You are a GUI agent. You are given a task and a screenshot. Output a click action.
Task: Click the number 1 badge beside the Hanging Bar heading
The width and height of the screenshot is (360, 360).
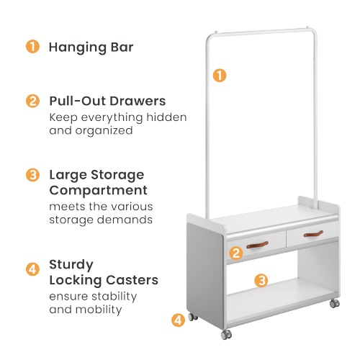[x=32, y=47]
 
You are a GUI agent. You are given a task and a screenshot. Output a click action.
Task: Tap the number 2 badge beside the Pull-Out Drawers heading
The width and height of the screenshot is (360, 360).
[x=32, y=101]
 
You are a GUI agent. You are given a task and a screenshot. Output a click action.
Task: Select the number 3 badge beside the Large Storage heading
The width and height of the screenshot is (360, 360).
[x=32, y=175]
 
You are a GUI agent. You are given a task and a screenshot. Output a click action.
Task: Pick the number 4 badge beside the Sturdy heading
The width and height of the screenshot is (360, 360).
[x=32, y=270]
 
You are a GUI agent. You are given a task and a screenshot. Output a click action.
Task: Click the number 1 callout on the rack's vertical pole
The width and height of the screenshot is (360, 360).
[x=220, y=74]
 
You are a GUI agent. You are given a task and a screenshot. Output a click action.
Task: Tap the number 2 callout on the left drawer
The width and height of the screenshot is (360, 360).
[x=235, y=253]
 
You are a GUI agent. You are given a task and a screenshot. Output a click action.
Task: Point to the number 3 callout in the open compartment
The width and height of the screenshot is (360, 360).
[x=262, y=280]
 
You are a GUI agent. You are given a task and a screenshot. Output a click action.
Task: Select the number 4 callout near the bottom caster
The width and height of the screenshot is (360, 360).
[x=177, y=319]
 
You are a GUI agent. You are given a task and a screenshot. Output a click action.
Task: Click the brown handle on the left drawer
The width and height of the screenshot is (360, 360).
[x=258, y=245]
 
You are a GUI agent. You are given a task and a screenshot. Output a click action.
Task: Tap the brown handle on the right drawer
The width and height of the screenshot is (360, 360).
[x=313, y=234]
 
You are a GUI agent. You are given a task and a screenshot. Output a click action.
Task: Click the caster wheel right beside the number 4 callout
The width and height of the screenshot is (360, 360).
[x=192, y=317]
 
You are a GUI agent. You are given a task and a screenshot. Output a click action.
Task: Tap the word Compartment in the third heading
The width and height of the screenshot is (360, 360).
[x=98, y=191]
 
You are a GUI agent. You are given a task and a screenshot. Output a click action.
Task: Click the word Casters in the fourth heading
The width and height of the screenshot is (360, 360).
[x=134, y=279]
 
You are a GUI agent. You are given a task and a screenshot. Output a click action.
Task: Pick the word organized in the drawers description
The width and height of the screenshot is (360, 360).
[x=104, y=131]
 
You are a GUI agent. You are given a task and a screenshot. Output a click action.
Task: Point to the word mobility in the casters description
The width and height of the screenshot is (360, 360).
[x=97, y=310]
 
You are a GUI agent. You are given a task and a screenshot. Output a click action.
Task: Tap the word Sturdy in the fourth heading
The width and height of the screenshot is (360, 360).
[x=71, y=264]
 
